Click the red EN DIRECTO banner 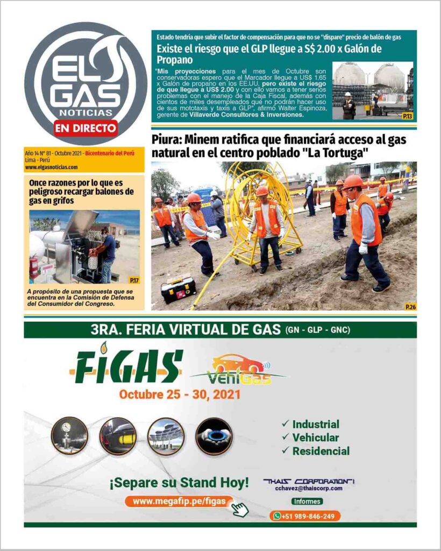[86, 128]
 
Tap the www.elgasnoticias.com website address [51, 167]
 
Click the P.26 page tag [410, 306]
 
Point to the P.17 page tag [134, 280]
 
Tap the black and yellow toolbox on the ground [178, 290]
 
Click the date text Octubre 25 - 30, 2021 [180, 395]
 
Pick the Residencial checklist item [321, 451]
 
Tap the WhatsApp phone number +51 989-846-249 [305, 516]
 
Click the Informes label [308, 501]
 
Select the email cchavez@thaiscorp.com [309, 489]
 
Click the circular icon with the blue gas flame [214, 436]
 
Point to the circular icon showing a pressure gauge [69, 435]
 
